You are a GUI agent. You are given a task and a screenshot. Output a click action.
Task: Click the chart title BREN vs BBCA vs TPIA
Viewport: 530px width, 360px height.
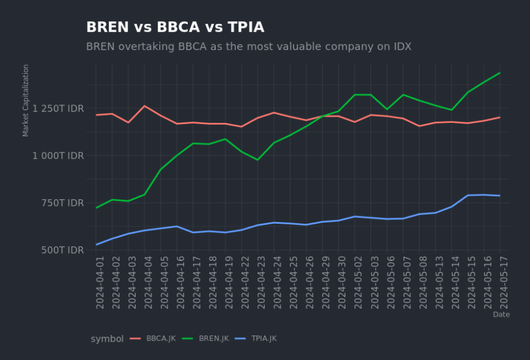pos(175,28)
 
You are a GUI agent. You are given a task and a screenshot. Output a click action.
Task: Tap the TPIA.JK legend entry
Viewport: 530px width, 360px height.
pos(263,339)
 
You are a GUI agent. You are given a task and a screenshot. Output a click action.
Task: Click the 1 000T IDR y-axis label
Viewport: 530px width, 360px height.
pos(59,156)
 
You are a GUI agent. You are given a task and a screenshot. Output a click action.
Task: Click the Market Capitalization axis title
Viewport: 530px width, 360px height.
pos(26,100)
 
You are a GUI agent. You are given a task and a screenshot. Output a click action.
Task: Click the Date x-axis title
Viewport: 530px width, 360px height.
pos(501,315)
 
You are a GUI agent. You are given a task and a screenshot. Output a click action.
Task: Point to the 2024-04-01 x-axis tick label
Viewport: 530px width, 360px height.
pos(100,283)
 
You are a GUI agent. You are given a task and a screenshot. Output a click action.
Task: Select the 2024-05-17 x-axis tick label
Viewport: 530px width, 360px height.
pos(504,283)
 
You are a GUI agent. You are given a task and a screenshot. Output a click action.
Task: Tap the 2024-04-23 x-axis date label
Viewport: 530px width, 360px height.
pos(261,283)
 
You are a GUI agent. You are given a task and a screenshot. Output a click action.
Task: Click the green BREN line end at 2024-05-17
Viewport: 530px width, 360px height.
pos(500,73)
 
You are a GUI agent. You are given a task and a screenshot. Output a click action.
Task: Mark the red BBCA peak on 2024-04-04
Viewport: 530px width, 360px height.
pos(144,106)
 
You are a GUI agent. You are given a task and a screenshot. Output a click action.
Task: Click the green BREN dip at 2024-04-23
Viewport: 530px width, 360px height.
pos(257,160)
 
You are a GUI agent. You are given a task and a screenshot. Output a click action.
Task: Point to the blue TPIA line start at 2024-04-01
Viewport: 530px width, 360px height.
pos(96,244)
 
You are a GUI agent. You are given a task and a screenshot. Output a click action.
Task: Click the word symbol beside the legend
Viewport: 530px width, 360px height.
pos(107,339)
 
